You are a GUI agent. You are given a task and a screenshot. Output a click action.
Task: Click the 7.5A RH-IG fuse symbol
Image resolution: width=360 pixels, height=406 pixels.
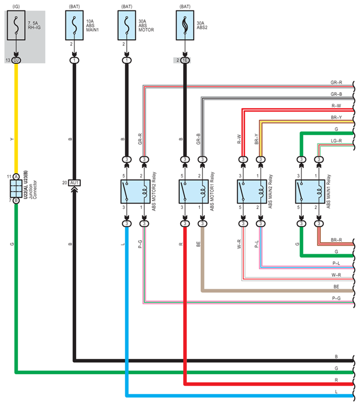point(16,25)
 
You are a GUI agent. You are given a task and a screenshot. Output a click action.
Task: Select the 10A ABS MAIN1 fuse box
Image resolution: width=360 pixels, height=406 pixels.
point(75,25)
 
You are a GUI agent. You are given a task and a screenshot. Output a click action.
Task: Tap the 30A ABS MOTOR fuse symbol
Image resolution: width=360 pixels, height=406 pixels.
point(127,25)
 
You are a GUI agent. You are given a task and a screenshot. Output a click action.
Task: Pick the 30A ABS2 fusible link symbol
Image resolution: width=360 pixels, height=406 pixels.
point(185,25)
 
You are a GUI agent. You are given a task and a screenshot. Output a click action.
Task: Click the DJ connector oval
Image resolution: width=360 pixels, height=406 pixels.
point(16,60)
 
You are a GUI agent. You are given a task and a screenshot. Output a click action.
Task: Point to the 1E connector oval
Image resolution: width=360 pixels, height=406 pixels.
point(185,60)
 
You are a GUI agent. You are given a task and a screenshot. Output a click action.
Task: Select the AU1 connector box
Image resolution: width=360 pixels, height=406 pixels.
point(75,183)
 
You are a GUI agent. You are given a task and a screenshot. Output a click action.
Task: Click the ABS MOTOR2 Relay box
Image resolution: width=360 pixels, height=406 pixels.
point(136,192)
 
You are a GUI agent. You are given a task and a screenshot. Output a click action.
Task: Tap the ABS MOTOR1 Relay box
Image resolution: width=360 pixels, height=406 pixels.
point(194,192)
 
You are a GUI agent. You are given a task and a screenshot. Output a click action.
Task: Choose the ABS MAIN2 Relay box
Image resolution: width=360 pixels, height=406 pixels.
point(252,192)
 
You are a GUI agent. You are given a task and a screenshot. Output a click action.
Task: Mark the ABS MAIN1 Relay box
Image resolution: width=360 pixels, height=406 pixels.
point(310,192)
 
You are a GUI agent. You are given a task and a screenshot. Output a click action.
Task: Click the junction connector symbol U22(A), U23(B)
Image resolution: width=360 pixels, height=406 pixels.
point(16,189)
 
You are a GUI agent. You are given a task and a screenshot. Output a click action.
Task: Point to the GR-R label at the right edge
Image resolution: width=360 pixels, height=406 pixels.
point(336,83)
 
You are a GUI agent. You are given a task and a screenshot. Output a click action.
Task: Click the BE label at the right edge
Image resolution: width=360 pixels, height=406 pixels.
point(336,287)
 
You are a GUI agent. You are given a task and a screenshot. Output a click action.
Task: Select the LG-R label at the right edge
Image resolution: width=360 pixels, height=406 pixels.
point(336,141)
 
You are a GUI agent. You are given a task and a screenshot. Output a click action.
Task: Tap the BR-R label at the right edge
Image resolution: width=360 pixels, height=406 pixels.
point(336,240)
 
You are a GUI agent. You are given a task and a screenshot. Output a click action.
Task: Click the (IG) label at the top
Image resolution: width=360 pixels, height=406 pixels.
point(16,6)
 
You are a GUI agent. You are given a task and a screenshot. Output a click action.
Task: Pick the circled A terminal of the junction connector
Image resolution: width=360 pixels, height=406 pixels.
point(16,177)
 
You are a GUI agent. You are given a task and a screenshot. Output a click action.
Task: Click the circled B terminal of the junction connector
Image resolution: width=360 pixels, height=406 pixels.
point(16,200)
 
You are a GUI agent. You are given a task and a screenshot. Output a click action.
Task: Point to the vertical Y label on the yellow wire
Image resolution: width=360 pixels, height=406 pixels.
point(12,139)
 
